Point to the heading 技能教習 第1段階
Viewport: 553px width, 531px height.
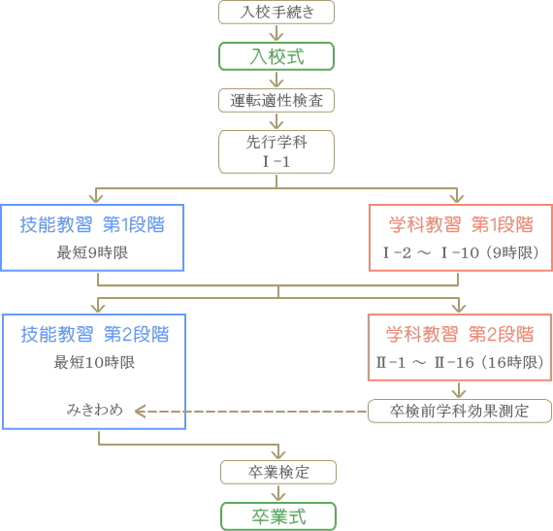[92, 225]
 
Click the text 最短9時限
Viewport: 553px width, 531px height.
[92, 252]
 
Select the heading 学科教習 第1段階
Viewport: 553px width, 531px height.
[461, 225]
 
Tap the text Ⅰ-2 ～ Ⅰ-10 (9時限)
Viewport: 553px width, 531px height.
[461, 252]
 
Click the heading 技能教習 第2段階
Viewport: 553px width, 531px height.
[95, 335]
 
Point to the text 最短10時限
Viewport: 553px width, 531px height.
[94, 362]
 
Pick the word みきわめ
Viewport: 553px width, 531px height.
[95, 410]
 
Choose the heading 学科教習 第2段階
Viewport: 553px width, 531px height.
[460, 335]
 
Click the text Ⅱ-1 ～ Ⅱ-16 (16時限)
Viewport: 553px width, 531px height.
[460, 362]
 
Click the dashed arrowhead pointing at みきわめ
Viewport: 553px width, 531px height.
[140, 412]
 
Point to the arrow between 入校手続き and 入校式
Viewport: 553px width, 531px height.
[276, 33]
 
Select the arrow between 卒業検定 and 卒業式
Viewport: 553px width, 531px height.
[278, 493]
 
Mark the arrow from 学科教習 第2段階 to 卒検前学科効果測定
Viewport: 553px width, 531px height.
[459, 390]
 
